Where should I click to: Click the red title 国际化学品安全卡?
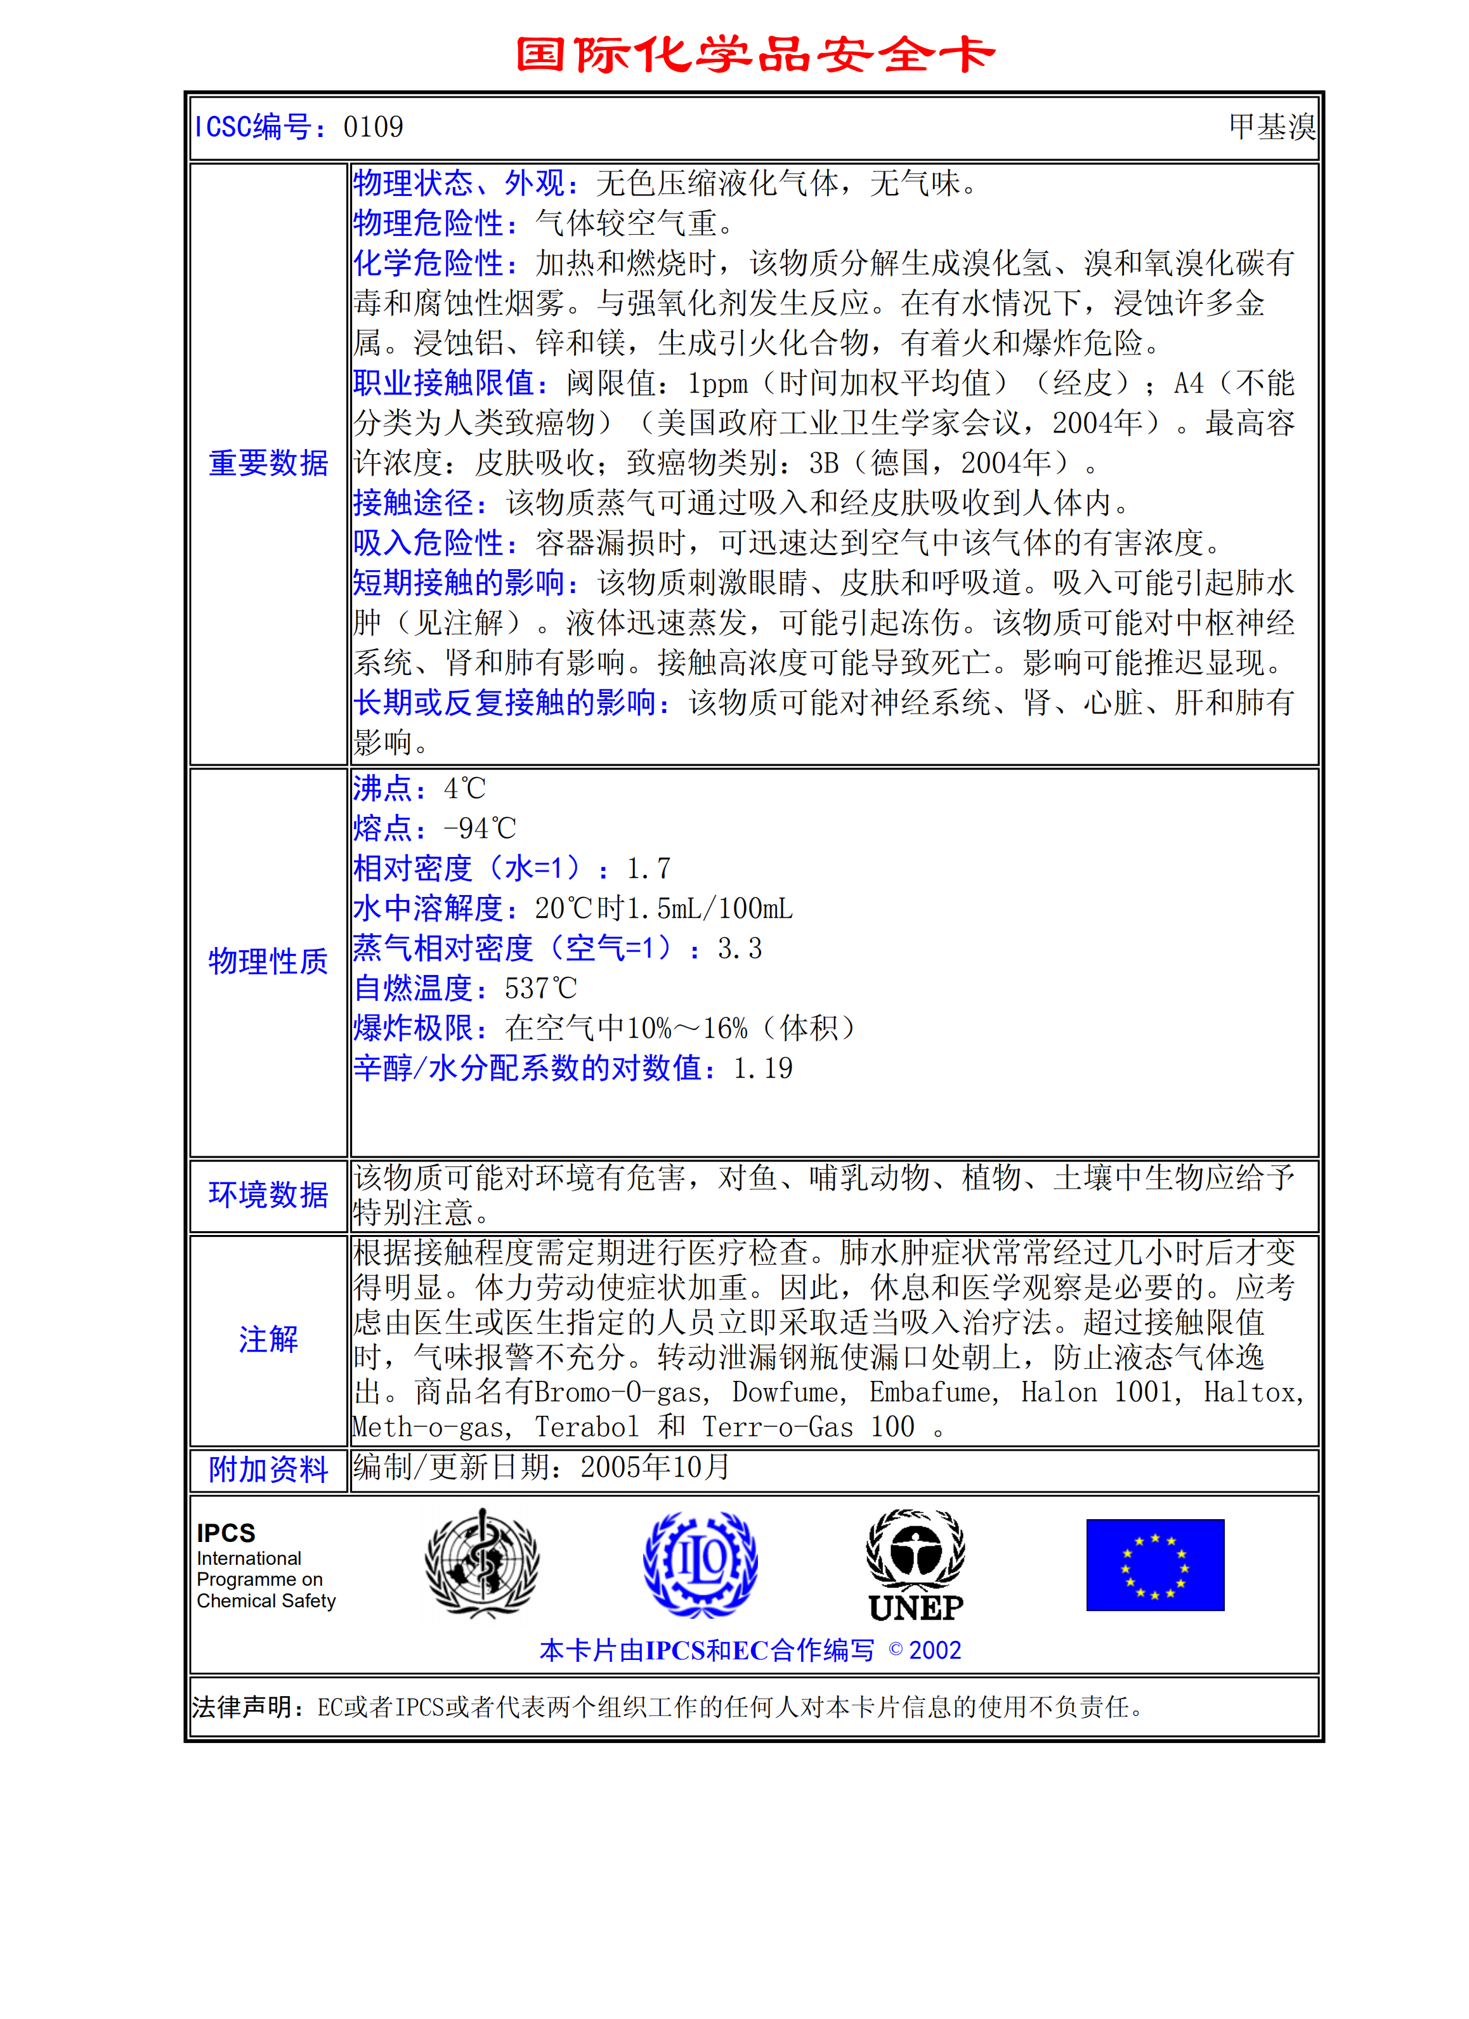[755, 55]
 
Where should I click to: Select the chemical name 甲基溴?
[1271, 127]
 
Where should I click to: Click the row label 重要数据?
[268, 463]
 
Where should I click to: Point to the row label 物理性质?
[268, 962]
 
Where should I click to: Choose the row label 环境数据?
[268, 1194]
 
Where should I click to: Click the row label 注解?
[268, 1339]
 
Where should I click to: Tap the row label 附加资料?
[268, 1470]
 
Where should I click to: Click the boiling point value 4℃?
[465, 788]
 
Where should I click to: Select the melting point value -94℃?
[480, 829]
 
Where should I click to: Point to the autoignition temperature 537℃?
[540, 988]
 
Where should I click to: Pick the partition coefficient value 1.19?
[763, 1068]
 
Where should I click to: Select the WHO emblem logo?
[481, 1564]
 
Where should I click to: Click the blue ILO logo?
[701, 1564]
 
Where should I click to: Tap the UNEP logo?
[915, 1564]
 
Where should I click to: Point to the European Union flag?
[1155, 1565]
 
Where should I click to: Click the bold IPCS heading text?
[226, 1533]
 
